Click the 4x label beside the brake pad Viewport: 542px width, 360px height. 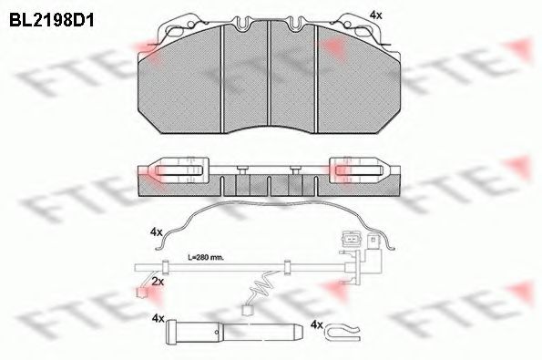tap(376, 15)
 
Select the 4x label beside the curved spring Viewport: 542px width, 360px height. tap(158, 231)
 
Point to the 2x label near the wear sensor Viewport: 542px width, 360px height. tap(158, 283)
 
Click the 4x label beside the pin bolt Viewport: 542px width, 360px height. tap(158, 319)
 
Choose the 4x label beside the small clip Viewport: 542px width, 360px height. tap(317, 324)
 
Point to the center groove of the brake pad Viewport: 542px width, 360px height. tap(270, 73)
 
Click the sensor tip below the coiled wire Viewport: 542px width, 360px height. tap(248, 310)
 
